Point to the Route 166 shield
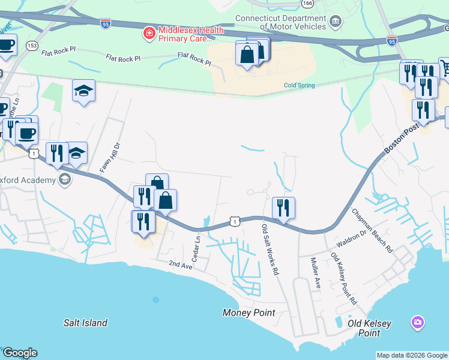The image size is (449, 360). [x=308, y=4]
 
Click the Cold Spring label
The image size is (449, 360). [x=299, y=85]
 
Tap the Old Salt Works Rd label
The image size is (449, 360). [x=270, y=250]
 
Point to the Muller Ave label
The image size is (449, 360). [x=315, y=273]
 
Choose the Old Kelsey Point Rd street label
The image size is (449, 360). [x=343, y=278]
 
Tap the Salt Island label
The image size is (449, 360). [x=85, y=323]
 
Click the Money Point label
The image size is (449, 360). [x=249, y=313]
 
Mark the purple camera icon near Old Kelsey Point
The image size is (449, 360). [x=417, y=323]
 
